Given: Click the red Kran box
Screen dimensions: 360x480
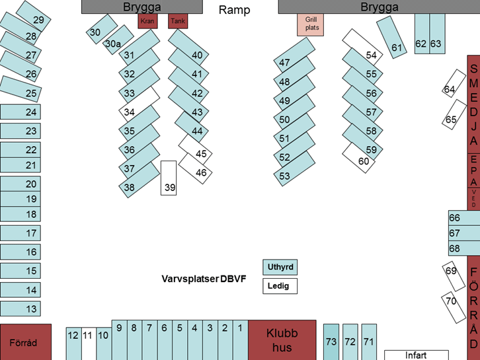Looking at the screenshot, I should [147, 21].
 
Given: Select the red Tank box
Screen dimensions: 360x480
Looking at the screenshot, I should [178, 21].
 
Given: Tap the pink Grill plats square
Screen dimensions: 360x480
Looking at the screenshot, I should [310, 24].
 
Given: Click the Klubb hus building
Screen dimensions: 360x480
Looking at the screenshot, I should [282, 340].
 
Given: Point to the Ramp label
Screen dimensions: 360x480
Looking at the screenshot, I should [235, 10].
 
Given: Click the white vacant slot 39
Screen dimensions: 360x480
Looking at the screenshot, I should [169, 178].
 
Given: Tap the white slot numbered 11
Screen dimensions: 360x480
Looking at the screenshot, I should [87, 343].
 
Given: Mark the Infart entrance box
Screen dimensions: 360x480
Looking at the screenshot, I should [416, 355].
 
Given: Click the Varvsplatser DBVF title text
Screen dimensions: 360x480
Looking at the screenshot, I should [204, 279].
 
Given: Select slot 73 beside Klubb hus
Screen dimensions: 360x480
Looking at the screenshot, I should [331, 342].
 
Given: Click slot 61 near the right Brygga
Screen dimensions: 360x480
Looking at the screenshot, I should [391, 38].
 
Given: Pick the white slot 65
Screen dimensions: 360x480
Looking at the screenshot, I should [454, 114].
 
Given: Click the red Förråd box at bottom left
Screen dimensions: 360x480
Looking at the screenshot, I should [25, 342].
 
